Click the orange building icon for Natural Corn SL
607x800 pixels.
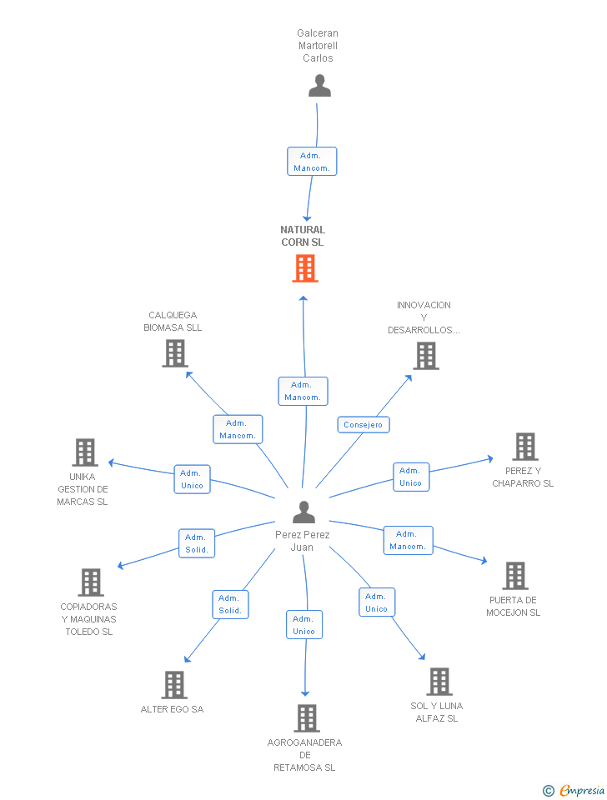305,268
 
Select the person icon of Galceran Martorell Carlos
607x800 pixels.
319,86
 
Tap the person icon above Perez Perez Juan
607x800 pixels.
303,512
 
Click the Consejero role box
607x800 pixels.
363,424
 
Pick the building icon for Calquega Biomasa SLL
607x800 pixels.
175,353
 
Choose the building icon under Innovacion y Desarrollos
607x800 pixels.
426,356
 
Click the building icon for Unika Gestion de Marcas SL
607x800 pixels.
85,452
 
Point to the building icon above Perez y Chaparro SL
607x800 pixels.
525,447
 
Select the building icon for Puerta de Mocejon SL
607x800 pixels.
515,576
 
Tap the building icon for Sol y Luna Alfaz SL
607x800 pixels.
439,682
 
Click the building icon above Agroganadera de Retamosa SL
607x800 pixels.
307,718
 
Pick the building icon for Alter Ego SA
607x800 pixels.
174,685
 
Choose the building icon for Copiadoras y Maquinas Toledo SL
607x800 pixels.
91,582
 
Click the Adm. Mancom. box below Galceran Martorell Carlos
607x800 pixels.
311,161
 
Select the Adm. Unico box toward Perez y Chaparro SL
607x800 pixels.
411,477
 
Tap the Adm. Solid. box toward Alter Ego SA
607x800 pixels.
230,605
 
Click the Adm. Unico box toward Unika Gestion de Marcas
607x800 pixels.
192,480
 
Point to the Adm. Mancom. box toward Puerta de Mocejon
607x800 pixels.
408,540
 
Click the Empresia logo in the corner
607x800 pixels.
574,790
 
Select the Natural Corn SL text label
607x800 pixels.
303,236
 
